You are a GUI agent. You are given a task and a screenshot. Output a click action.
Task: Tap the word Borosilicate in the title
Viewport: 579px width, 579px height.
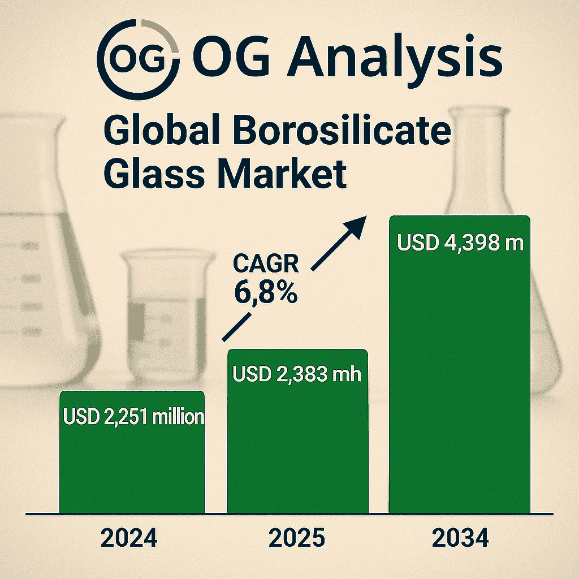(342, 130)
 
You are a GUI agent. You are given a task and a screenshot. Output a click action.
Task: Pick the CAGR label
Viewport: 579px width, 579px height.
(266, 263)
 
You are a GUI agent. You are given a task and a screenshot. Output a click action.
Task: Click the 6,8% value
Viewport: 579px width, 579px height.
(266, 292)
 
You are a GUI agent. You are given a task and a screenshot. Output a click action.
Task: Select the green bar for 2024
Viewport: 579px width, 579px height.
(132, 452)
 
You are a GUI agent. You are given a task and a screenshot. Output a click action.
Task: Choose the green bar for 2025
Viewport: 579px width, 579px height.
(297, 431)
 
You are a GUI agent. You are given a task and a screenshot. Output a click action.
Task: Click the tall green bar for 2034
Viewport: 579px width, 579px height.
(459, 365)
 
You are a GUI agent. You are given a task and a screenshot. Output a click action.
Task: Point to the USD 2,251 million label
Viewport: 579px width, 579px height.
(133, 417)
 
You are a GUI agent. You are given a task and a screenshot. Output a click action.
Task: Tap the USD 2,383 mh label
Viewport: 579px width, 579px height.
(297, 374)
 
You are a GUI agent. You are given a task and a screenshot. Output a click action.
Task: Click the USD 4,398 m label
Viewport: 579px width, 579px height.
(460, 243)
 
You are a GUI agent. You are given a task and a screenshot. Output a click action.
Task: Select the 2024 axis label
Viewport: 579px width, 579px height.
(129, 538)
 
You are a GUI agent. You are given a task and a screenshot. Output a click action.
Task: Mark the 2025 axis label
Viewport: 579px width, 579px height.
(297, 538)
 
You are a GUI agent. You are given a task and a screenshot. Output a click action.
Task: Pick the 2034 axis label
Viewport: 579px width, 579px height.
(460, 538)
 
